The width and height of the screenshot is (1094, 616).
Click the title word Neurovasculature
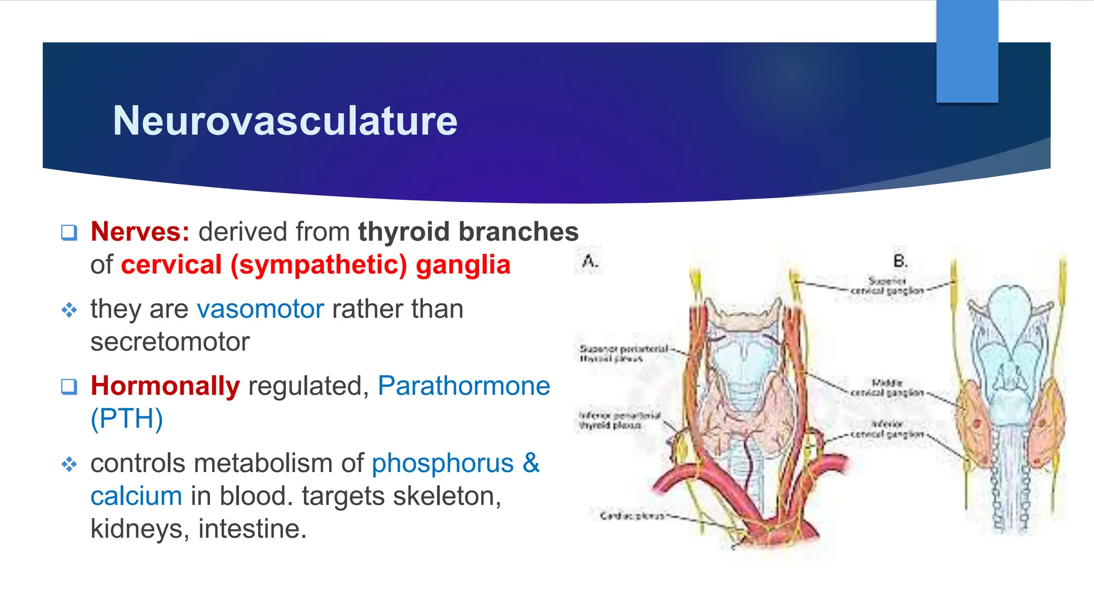285,121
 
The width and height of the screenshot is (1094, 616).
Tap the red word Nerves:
140,232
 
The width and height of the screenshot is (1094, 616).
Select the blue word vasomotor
260,309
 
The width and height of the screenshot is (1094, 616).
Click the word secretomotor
170,342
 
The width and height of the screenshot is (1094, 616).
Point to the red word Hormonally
165,386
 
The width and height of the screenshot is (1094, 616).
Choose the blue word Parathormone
464,386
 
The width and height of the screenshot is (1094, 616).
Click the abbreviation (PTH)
127,419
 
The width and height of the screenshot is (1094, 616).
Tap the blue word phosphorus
442,463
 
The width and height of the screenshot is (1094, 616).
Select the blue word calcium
136,496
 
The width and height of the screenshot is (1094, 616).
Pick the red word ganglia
463,265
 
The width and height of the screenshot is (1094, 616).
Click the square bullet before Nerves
69,233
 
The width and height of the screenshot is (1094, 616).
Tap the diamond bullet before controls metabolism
69,464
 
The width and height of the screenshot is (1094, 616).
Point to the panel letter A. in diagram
590,262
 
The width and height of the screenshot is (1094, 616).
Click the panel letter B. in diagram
900,261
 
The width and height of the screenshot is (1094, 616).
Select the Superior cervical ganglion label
887,286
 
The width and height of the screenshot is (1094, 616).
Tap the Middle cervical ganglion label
887,388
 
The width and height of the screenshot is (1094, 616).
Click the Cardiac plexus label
632,516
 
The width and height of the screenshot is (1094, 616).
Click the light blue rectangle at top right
967,51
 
